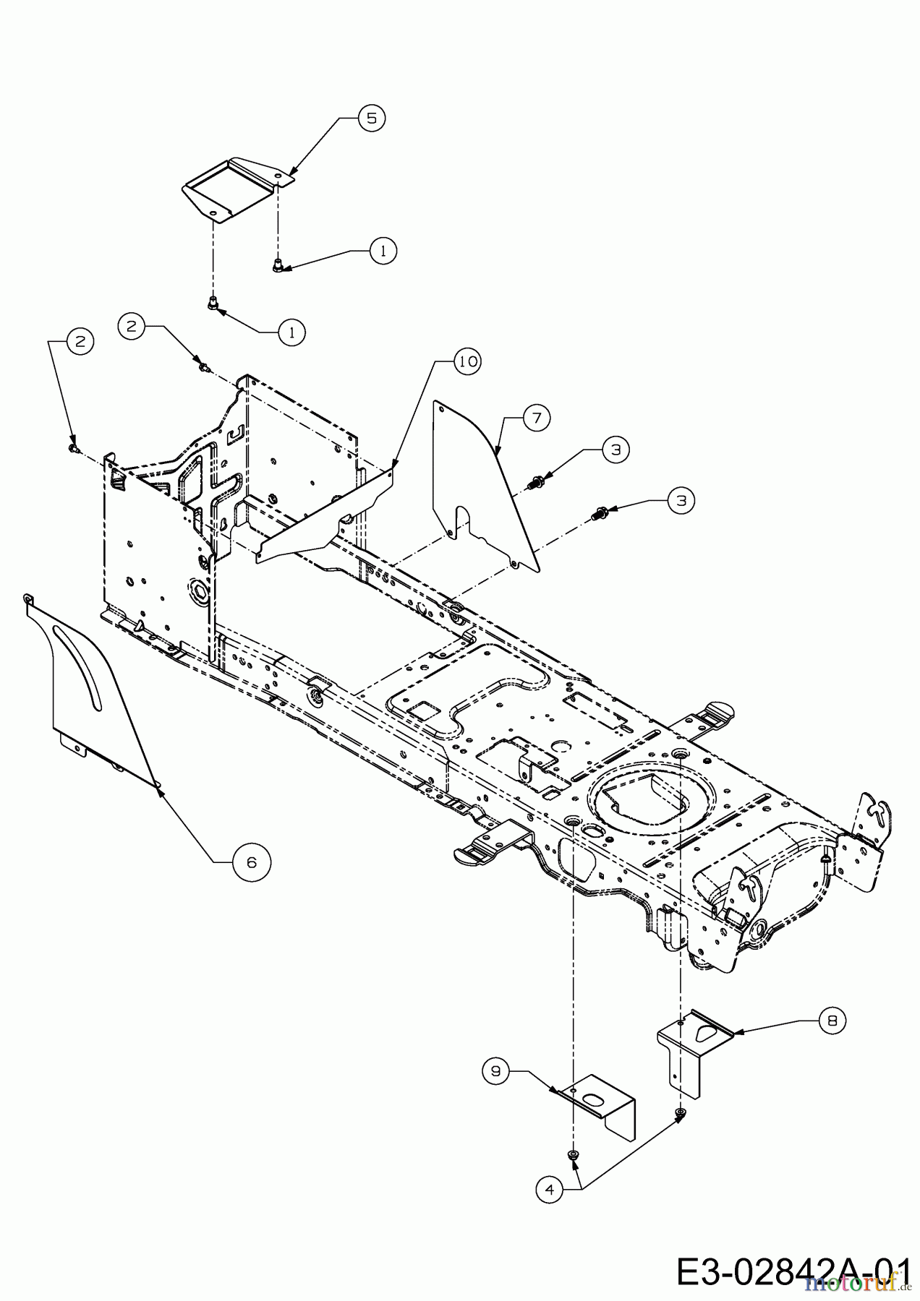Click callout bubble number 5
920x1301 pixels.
coord(371,118)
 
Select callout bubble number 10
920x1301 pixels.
coord(467,361)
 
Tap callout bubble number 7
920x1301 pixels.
coord(537,418)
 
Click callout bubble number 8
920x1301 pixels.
coord(832,1020)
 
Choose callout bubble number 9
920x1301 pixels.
coord(496,1071)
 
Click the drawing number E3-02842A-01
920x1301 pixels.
coord(793,1271)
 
